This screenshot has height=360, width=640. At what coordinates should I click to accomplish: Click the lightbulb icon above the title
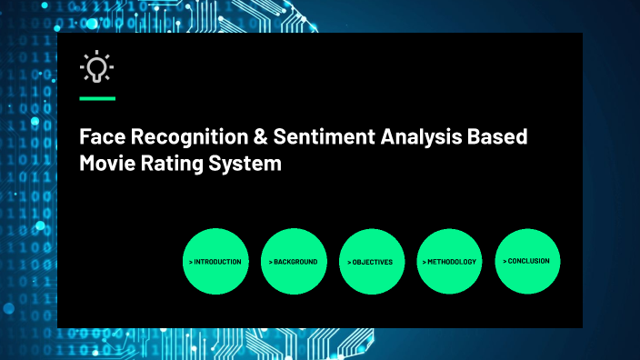[x=96, y=68]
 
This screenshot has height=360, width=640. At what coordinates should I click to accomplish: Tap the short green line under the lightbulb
[x=97, y=97]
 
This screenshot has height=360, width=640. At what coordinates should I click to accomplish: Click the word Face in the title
[x=99, y=137]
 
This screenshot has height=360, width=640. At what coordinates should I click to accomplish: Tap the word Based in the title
[x=497, y=137]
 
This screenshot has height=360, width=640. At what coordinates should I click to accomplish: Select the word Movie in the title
[x=106, y=165]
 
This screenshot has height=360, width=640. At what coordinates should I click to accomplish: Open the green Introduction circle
[x=215, y=261]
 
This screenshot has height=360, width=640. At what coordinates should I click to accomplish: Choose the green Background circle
[x=294, y=261]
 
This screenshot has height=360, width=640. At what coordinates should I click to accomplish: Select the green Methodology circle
[x=449, y=261]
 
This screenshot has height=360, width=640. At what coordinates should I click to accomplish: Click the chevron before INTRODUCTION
[x=191, y=262]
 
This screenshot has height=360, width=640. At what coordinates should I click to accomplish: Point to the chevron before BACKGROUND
[x=270, y=262]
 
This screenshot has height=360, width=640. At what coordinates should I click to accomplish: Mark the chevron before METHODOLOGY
[x=424, y=262]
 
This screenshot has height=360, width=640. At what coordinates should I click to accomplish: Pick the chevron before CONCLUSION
[x=505, y=261]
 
